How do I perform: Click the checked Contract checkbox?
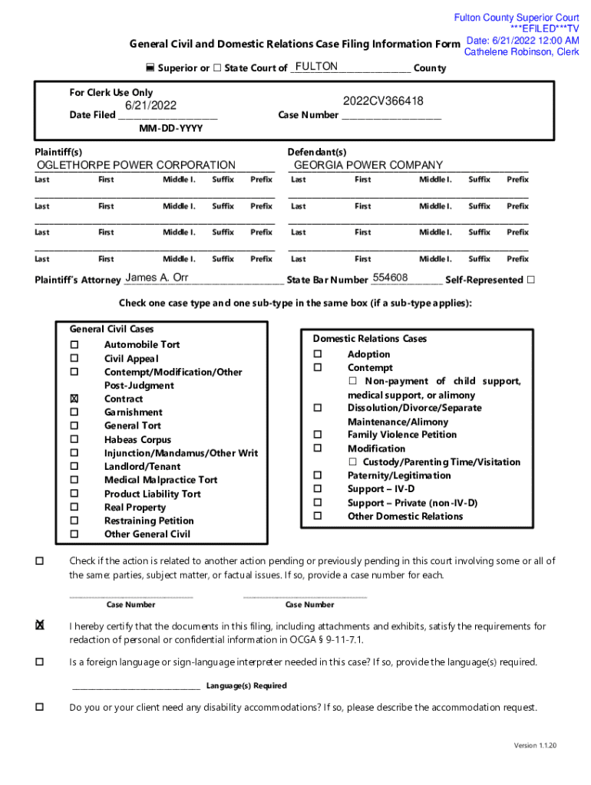[x=74, y=399]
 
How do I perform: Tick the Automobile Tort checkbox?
[x=74, y=344]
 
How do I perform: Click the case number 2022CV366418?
[x=383, y=101]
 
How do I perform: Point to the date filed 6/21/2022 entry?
[x=151, y=105]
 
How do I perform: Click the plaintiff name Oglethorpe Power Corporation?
[x=137, y=165]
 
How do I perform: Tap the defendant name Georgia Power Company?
[x=368, y=165]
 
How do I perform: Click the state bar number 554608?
[x=390, y=278]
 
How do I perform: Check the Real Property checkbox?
[x=74, y=507]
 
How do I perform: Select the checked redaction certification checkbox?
[x=38, y=626]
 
